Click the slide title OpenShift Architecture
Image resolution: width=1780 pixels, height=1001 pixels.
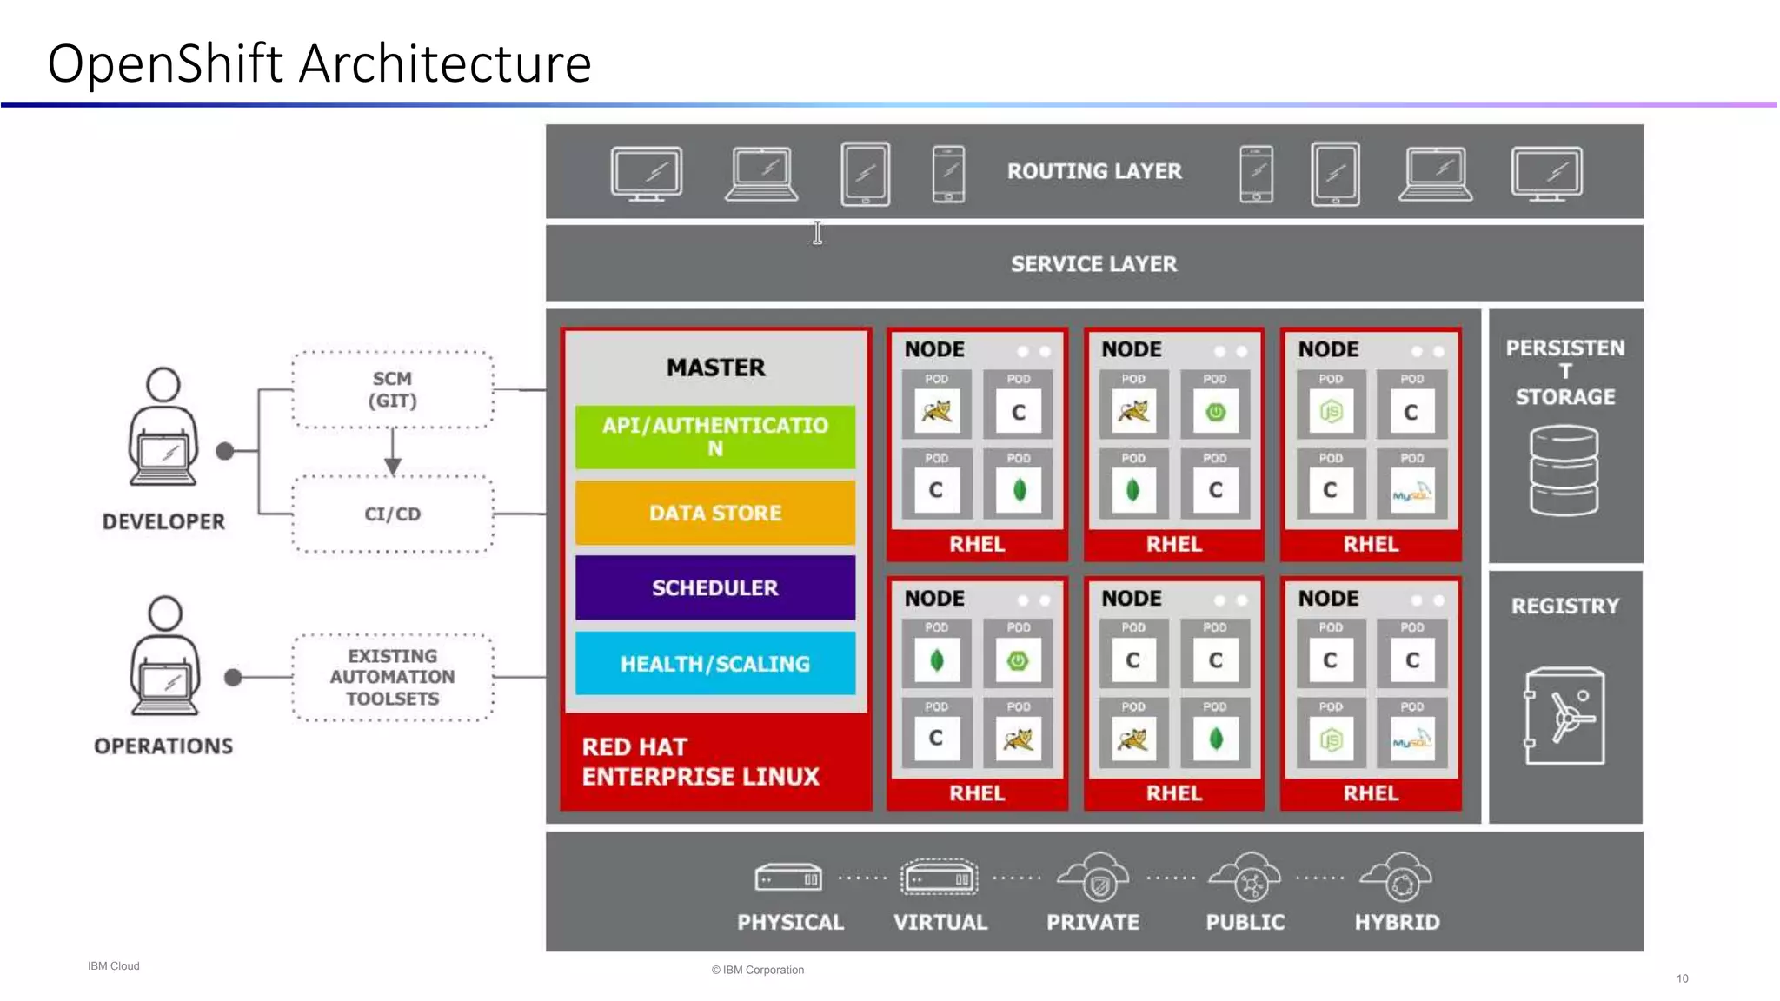(x=319, y=63)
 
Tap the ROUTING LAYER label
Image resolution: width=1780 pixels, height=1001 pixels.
(x=1093, y=171)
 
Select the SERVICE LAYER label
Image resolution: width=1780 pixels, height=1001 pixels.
(x=1093, y=264)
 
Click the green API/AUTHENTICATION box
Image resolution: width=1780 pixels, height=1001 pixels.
(x=714, y=436)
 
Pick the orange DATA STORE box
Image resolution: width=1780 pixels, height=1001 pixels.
(x=714, y=513)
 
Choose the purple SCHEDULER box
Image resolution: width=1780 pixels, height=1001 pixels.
(x=714, y=587)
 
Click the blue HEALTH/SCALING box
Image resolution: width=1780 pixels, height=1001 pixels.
(x=714, y=663)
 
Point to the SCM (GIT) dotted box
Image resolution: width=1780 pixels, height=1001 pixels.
(x=393, y=390)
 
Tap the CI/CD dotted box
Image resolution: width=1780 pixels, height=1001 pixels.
(x=393, y=514)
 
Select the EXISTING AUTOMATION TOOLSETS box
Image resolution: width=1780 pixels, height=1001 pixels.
(x=393, y=677)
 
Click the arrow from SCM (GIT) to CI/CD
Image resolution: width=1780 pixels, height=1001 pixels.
(x=393, y=453)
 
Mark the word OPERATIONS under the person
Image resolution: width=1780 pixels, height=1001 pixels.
(x=163, y=746)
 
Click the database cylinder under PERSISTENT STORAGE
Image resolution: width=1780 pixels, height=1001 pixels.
(x=1564, y=470)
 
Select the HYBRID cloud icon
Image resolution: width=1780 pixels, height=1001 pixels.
(x=1397, y=878)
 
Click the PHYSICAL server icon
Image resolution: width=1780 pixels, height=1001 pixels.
(x=788, y=878)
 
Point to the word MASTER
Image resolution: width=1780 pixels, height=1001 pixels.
(x=715, y=368)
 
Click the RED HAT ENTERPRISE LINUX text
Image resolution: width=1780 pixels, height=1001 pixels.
(x=700, y=761)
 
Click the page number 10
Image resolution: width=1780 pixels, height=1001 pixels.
(x=1682, y=978)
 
